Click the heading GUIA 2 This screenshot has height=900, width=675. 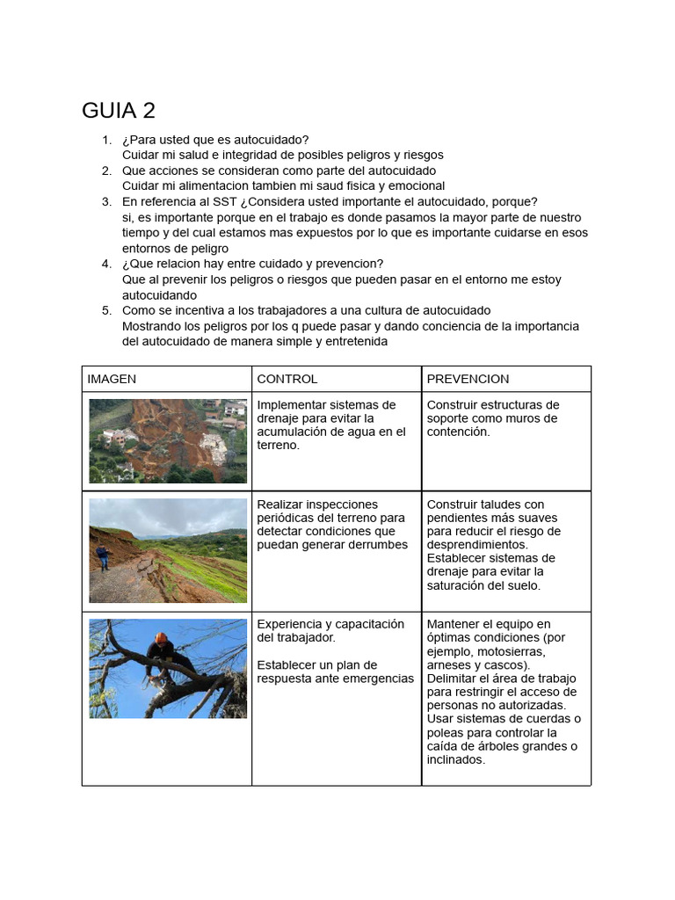pos(119,111)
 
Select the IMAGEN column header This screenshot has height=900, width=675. pos(112,379)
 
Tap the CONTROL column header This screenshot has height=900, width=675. pos(287,379)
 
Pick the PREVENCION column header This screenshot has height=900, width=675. pos(468,379)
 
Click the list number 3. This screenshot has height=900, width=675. pos(106,201)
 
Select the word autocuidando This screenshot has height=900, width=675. pos(159,295)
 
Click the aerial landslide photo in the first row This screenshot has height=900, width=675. pos(168,440)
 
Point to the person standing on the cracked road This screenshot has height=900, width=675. pos(104,557)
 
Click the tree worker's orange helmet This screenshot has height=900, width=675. pos(161,638)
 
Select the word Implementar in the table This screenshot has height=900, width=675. pos(290,405)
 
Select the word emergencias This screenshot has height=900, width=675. pos(380,679)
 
